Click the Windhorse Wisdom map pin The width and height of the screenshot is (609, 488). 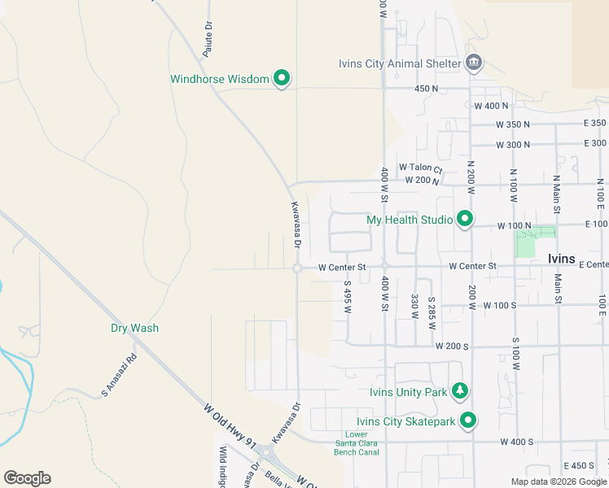tap(282, 78)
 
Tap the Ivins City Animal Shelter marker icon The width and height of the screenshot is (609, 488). tap(474, 63)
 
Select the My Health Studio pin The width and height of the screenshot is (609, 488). tap(464, 219)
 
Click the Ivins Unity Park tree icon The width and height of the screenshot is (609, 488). tap(460, 391)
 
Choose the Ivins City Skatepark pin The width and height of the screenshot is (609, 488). tap(467, 420)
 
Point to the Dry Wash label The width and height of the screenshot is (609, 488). tap(134, 328)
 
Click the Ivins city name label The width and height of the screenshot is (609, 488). tap(562, 258)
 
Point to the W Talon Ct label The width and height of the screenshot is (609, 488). tap(420, 168)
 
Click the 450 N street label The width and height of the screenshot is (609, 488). tap(427, 88)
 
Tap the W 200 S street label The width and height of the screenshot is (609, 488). tap(452, 346)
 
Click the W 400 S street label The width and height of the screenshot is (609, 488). tap(515, 442)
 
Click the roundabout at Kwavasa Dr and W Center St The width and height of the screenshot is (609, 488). tap(298, 268)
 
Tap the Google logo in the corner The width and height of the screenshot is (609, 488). tap(27, 478)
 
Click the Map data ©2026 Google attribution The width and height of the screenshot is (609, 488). tap(559, 481)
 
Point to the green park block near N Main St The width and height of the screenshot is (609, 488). tap(527, 243)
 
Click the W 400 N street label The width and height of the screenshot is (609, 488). tap(491, 106)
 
